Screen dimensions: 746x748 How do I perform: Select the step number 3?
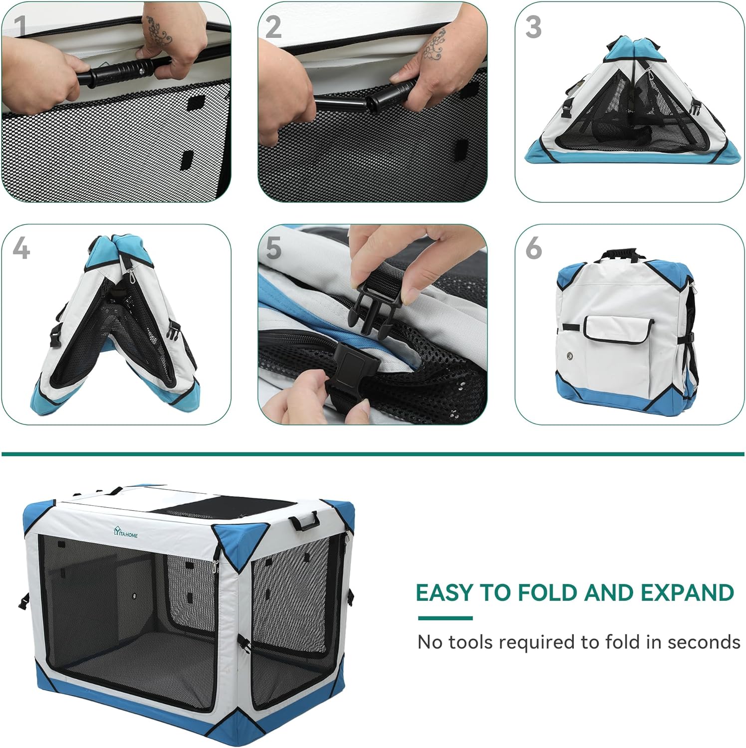(x=533, y=26)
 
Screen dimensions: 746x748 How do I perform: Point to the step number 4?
(x=21, y=248)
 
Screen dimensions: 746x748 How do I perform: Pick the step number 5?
(x=273, y=248)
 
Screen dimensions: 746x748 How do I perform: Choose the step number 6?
(x=533, y=248)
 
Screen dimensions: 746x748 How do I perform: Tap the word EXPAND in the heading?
(x=687, y=592)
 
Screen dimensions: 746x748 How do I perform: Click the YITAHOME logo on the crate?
(x=125, y=534)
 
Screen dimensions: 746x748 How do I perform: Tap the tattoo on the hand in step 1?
(x=159, y=29)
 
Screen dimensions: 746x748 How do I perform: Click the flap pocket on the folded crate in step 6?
(x=618, y=330)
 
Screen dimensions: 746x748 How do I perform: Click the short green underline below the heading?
(x=445, y=618)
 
